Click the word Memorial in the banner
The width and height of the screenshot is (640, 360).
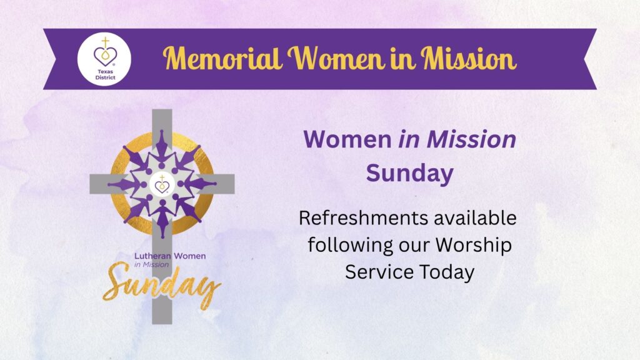[222, 58]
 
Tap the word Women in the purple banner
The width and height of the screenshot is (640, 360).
[336, 58]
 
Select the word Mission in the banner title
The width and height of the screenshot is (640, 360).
[469, 58]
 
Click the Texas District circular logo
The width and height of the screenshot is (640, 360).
[104, 59]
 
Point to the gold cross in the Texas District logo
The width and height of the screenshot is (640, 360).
[105, 42]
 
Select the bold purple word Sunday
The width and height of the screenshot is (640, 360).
[409, 174]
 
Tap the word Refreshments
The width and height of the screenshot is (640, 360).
[364, 218]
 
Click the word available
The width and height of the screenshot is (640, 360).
[475, 218]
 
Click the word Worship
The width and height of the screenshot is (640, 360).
[474, 246]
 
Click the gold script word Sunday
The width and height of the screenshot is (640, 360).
[162, 286]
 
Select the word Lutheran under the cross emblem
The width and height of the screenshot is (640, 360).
[152, 256]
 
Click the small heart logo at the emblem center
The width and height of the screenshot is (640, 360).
[162, 184]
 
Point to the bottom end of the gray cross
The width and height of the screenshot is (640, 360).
[162, 324]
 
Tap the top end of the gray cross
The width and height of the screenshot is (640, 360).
[162, 110]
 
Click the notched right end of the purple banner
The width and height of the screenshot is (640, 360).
[590, 59]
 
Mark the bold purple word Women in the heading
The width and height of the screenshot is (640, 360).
[347, 139]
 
